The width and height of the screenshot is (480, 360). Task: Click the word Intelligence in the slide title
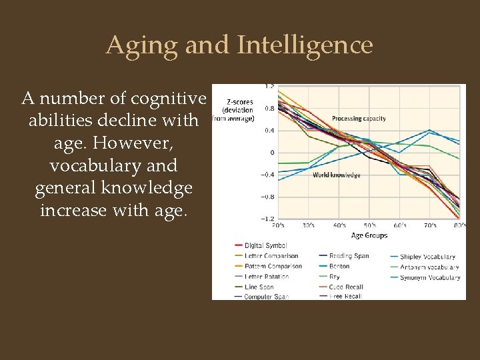[305, 45]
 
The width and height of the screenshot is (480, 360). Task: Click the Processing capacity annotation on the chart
[359, 119]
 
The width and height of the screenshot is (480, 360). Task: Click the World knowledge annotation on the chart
[337, 175]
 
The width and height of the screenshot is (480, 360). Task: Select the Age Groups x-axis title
[369, 235]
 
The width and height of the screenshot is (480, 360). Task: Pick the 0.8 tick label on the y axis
[269, 108]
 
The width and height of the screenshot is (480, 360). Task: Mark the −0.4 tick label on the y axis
[268, 175]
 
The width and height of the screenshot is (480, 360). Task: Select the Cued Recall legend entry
[345, 287]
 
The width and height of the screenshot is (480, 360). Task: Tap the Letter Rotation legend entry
[267, 276]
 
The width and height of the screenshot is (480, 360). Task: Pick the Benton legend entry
[339, 266]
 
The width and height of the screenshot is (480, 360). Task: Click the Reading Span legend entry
[349, 256]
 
